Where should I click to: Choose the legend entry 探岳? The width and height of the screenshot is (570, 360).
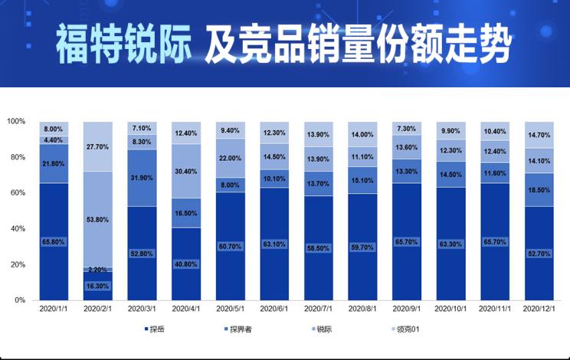pyautogui.click(x=156, y=330)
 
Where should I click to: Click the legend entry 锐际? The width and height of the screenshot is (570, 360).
pyautogui.click(x=323, y=330)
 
